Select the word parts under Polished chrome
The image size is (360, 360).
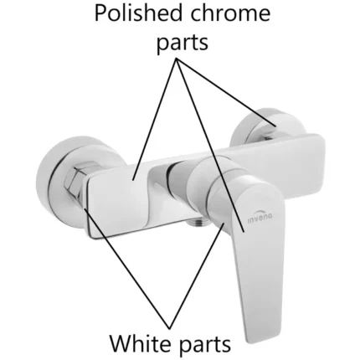coord(183,43)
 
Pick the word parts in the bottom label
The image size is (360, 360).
coord(205,345)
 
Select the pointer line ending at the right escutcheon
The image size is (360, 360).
coord(226,92)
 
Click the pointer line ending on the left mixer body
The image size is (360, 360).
coord(155,119)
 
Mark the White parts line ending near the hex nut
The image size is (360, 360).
coord(126,269)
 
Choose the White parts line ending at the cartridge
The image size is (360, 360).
coord(197,275)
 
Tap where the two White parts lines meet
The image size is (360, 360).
coord(169,328)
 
